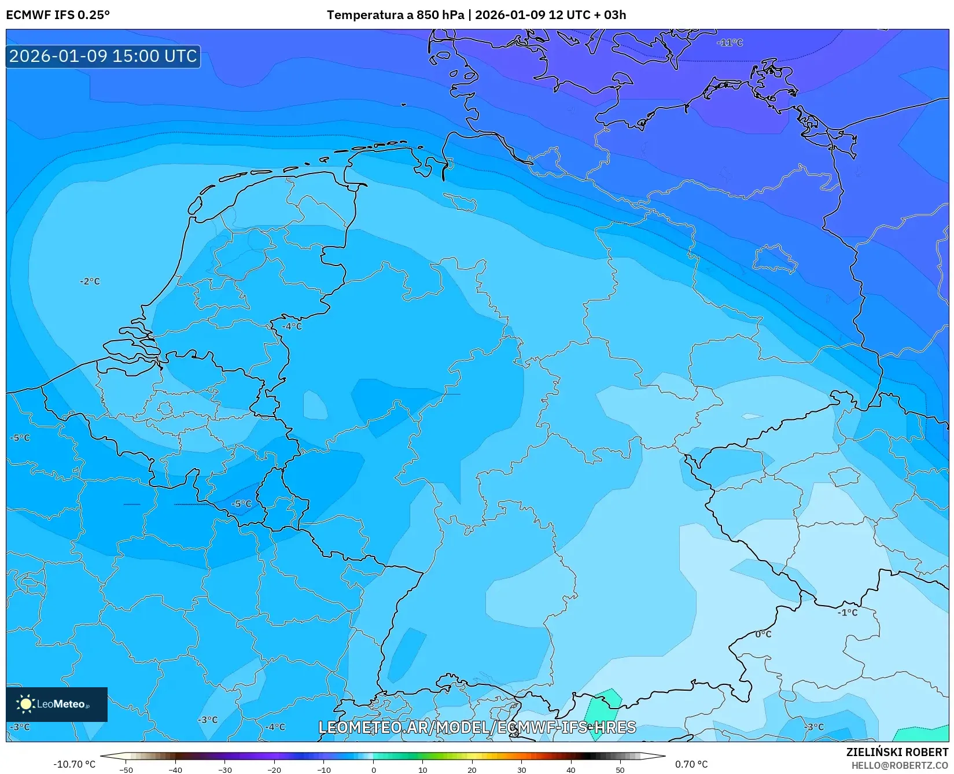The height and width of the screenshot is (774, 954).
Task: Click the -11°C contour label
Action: [x=730, y=43]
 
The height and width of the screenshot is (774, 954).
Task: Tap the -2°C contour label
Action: [x=90, y=282]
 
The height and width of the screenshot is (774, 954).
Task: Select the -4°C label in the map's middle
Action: [x=292, y=326]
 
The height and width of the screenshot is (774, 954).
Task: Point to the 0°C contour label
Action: [x=763, y=634]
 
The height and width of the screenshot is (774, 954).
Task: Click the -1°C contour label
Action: [x=848, y=613]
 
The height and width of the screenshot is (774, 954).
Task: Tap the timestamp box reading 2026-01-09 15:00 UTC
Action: [x=103, y=56]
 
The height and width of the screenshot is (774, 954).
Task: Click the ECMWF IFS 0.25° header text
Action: [x=58, y=15]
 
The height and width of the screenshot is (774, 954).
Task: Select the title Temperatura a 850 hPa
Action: [x=395, y=15]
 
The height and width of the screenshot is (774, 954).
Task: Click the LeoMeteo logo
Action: [x=57, y=704]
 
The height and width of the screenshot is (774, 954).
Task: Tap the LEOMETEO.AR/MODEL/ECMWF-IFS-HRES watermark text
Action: [x=477, y=727]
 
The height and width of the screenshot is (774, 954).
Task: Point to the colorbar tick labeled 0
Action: [x=373, y=769]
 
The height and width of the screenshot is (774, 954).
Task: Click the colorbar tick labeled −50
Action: [x=126, y=769]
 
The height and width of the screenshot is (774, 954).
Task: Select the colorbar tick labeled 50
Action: [x=620, y=769]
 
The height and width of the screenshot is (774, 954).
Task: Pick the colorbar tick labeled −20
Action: [x=274, y=769]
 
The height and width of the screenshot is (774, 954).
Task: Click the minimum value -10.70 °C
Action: [x=74, y=764]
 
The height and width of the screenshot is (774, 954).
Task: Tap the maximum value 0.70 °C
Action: [x=691, y=764]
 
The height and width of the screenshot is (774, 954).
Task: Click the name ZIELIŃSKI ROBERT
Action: [x=897, y=752]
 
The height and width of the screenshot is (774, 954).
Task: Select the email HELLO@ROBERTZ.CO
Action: [x=900, y=765]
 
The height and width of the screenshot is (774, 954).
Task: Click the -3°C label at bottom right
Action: [x=813, y=727]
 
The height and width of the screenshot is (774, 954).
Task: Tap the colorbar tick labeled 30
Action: [x=521, y=769]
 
